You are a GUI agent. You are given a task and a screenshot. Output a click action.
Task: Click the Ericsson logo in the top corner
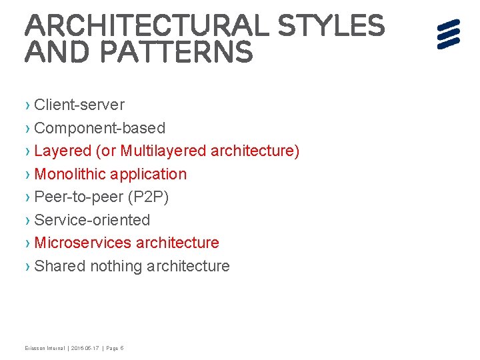449,34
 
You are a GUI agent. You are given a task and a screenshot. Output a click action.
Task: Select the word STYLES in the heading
331,26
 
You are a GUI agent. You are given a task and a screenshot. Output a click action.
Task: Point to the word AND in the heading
54,53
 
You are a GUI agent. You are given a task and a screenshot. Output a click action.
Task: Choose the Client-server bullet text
79,105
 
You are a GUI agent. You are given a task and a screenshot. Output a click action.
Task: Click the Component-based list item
99,128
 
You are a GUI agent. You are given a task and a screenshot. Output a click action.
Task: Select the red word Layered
63,151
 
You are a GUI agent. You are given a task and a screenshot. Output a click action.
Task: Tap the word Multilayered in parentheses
163,151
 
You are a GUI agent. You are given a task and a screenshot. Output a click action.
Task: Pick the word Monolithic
70,174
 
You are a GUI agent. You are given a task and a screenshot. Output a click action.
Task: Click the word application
149,174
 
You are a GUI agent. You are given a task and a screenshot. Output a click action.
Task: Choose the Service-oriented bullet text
92,220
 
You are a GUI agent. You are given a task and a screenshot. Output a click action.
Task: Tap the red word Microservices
83,243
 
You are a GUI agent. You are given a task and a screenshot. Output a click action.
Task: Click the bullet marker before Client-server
27,105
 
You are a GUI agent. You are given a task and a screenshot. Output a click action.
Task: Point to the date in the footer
85,348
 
